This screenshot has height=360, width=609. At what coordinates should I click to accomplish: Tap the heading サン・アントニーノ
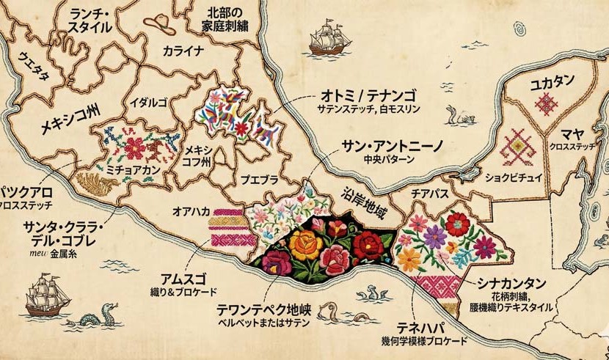[384, 144]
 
